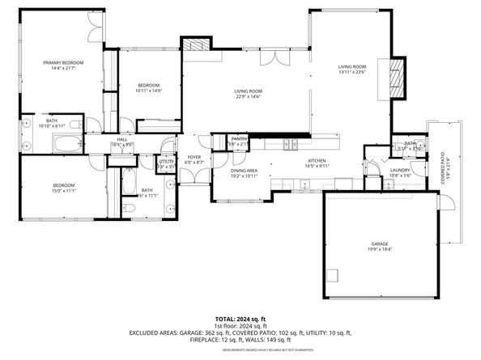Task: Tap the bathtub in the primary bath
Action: (x=67, y=144)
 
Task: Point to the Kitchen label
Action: (x=317, y=161)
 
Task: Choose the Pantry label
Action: (x=239, y=139)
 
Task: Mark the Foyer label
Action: (x=194, y=158)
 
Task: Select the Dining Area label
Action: (x=245, y=171)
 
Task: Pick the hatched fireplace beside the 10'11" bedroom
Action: (x=194, y=47)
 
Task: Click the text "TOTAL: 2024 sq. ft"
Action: (x=240, y=319)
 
